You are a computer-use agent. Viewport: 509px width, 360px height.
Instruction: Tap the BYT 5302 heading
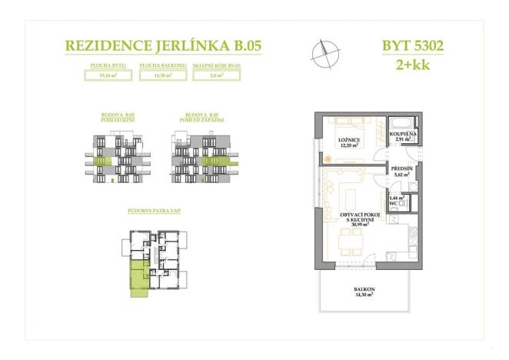point(413,45)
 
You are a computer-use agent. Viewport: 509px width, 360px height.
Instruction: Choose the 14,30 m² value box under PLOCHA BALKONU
point(163,76)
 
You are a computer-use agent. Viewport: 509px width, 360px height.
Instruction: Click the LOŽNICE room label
point(349,140)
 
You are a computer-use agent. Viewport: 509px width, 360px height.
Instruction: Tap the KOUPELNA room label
point(404,133)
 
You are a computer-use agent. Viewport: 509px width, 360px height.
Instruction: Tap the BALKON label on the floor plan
point(362,288)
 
